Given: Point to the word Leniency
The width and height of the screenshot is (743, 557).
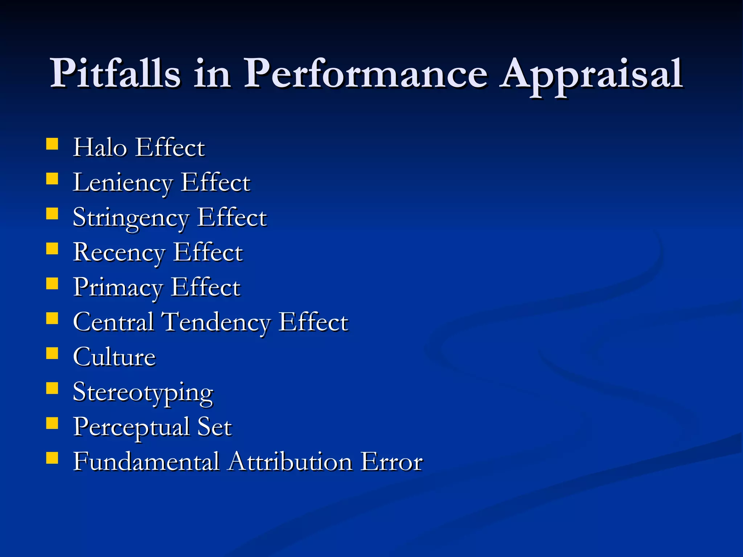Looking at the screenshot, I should pos(122,182).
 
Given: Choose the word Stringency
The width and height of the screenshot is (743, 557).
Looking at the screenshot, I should pos(131,218).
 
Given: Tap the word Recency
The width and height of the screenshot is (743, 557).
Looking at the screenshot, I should pos(119,252).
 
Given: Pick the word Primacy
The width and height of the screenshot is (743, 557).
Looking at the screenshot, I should pos(118,288).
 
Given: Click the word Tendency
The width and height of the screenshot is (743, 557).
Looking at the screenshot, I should pos(215,322).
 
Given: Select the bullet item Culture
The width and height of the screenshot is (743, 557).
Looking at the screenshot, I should pos(114,357).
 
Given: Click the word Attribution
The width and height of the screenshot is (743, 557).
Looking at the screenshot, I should pos(291,462).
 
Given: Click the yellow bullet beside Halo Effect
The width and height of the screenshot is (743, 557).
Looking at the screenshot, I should pos(52,144).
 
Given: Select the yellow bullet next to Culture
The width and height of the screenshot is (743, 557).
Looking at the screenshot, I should pos(52,353).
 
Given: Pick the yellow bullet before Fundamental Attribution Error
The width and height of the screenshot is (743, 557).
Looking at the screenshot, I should pos(52,458).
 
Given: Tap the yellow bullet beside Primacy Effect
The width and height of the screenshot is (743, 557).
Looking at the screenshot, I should pos(52,284).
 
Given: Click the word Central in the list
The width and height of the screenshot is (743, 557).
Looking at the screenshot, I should pos(113,322).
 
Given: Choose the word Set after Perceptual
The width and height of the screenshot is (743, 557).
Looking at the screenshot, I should pos(214,426).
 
